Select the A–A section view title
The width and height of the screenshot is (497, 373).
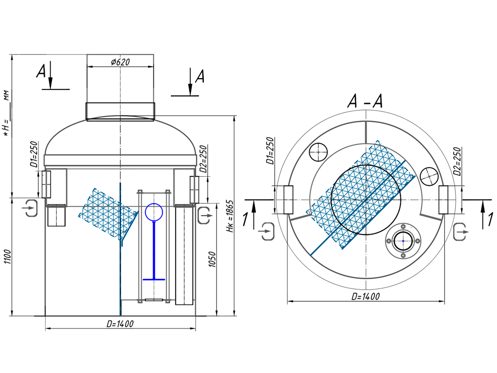(x=364, y=101)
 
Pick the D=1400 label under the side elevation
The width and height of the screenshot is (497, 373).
(x=119, y=323)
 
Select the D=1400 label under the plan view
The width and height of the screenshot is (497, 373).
(x=365, y=296)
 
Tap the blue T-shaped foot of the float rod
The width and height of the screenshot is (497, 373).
(x=154, y=279)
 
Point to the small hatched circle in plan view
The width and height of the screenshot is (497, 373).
(x=430, y=176)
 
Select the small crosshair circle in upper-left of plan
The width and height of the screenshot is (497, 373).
(x=318, y=152)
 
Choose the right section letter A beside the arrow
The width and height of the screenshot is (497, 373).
(x=199, y=76)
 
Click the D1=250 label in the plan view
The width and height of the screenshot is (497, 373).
(x=270, y=151)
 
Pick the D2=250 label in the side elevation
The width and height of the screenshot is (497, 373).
(x=203, y=158)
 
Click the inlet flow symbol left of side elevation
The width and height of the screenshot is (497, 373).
(x=31, y=208)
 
